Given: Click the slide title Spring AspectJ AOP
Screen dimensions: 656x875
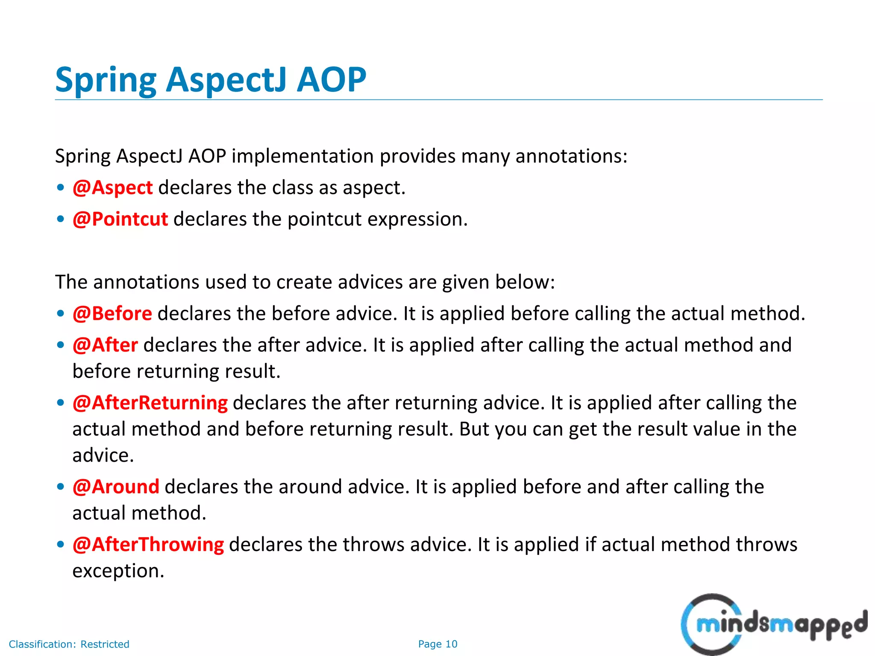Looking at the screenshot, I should [x=211, y=80].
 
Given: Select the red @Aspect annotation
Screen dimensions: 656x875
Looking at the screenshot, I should [x=112, y=188].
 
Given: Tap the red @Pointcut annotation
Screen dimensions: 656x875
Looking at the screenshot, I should [x=120, y=220].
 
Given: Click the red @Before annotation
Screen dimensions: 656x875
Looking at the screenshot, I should [x=112, y=314].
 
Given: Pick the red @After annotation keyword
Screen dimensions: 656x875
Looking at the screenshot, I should [x=105, y=345].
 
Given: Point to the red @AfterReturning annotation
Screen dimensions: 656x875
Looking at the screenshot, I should [x=150, y=403].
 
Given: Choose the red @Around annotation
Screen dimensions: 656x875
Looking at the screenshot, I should [x=116, y=487].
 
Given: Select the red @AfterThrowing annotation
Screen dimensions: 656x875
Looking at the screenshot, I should [x=148, y=545].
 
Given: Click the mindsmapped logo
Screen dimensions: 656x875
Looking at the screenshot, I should [x=773, y=624].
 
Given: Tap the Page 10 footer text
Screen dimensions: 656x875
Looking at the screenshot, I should [x=437, y=644].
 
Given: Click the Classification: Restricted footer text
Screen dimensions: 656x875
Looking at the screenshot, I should [x=69, y=644].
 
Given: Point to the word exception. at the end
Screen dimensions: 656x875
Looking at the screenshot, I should [x=118, y=571].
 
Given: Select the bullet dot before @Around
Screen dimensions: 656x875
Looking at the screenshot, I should [x=61, y=487].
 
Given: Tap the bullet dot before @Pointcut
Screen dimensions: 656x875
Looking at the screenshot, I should [x=61, y=220].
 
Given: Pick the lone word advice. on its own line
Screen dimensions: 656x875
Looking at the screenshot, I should [x=103, y=456].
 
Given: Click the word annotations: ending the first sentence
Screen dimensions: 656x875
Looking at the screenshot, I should [x=571, y=156].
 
